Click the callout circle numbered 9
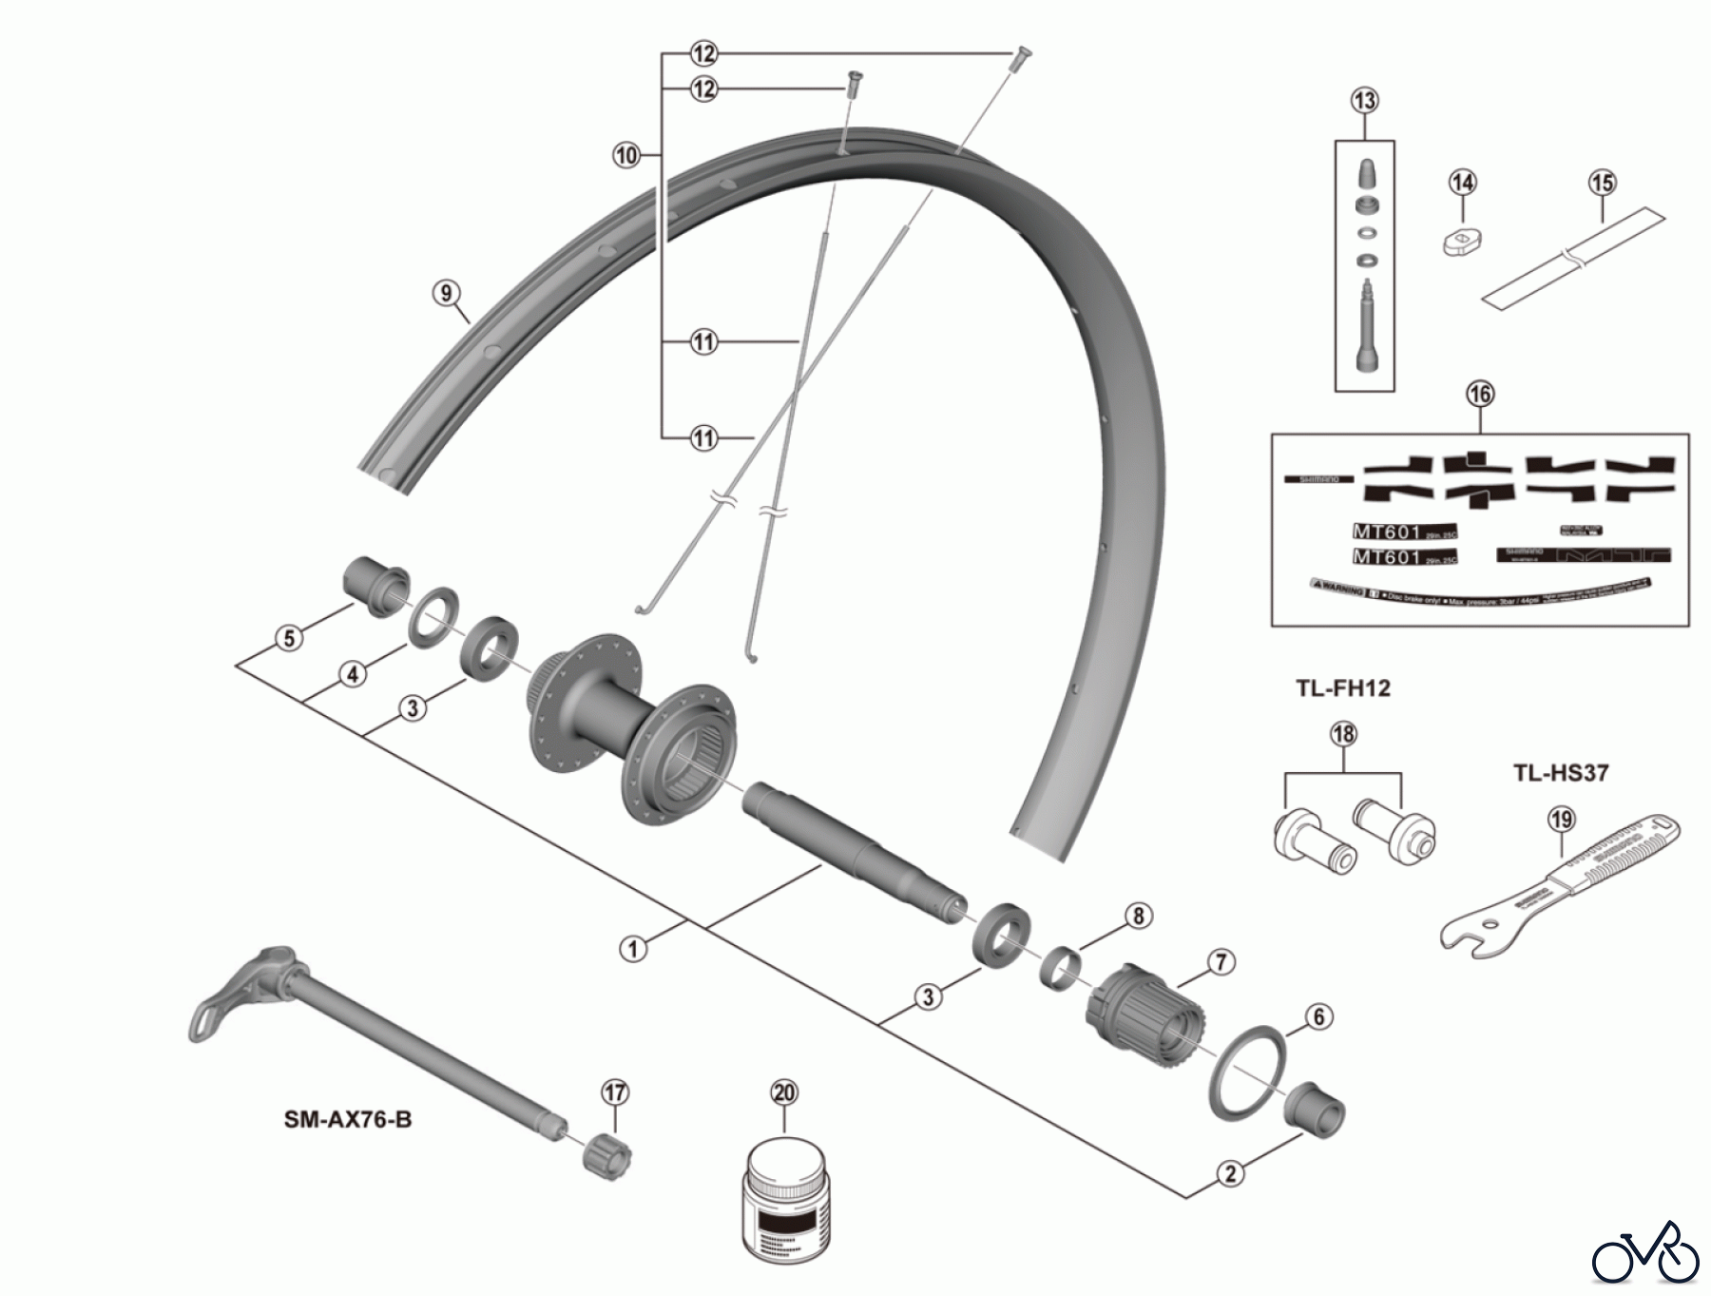(447, 293)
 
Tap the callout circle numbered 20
(784, 1093)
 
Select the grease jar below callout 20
(784, 1202)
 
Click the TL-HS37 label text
(1561, 773)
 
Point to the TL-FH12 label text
(1342, 688)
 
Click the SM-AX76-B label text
(348, 1119)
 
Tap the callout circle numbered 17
(616, 1093)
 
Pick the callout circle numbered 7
(1221, 962)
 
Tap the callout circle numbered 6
(1318, 1016)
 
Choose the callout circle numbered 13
(1365, 100)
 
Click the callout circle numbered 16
(1480, 394)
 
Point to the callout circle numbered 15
(1603, 183)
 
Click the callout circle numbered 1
(633, 948)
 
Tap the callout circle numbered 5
(290, 637)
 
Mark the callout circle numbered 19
(1562, 819)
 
